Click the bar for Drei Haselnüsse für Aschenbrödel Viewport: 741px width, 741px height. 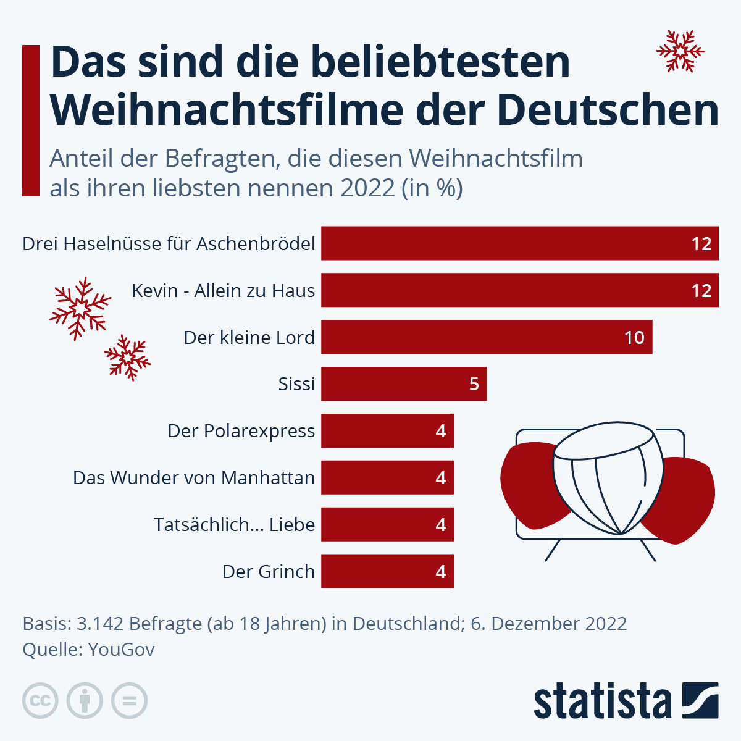click(x=519, y=243)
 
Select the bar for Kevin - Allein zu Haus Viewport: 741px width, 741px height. click(x=519, y=290)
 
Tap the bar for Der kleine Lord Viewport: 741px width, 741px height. click(x=487, y=337)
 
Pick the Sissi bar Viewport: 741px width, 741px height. click(x=404, y=384)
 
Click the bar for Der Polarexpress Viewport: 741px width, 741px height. click(x=387, y=431)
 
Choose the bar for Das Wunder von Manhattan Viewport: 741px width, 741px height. click(x=387, y=478)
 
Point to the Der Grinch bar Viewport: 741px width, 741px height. click(x=387, y=571)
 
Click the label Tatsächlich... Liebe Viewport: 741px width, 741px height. click(x=234, y=525)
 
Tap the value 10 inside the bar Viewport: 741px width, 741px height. click(x=634, y=338)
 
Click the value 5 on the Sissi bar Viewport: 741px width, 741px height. click(x=474, y=384)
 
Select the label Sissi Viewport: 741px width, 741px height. click(x=296, y=384)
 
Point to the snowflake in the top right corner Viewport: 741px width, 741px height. click(x=680, y=51)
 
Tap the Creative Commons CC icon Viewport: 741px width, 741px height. click(x=40, y=701)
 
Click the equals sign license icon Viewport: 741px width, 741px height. click(x=129, y=701)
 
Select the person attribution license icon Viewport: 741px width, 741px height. click(x=85, y=701)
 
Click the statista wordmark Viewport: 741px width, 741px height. click(x=602, y=701)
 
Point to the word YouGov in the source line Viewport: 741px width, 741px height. click(x=122, y=650)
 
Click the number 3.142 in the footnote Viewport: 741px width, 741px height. click(x=99, y=624)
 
